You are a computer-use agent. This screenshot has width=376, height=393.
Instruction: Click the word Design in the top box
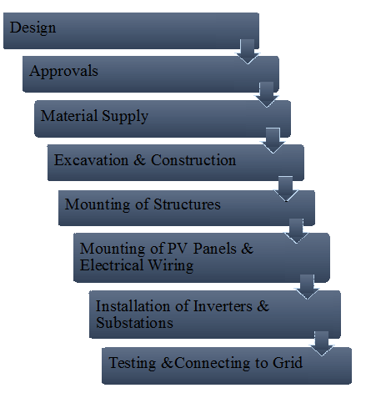coord(33,28)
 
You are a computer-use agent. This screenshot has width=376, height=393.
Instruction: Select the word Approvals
coord(64,72)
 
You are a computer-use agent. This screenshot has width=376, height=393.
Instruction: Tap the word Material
coord(69,115)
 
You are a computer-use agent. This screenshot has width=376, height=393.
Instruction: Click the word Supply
coord(125,117)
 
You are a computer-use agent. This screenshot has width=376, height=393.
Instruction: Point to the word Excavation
coord(91,160)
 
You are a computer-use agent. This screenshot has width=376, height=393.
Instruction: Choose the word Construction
coord(193,160)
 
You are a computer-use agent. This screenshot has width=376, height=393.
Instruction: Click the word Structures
coord(188,204)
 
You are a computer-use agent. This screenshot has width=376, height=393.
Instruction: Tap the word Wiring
coord(171,265)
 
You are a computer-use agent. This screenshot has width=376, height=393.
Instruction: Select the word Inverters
coord(223,306)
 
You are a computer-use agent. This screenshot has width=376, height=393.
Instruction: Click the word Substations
coord(134,323)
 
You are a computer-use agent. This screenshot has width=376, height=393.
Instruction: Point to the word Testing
coord(133,363)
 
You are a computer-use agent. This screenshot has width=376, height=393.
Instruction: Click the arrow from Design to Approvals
coord(248,52)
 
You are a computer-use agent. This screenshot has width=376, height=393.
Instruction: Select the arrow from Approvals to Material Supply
coord(267,94)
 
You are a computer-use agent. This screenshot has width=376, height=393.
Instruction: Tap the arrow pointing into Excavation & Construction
coord(273,140)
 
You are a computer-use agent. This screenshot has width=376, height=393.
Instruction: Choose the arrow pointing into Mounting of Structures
coord(286,189)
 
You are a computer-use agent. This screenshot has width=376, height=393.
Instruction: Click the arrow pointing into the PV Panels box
coord(296,231)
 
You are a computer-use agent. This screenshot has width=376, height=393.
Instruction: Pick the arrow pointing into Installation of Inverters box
coord(307,287)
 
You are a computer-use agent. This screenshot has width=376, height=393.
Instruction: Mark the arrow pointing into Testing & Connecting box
coord(322,344)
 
